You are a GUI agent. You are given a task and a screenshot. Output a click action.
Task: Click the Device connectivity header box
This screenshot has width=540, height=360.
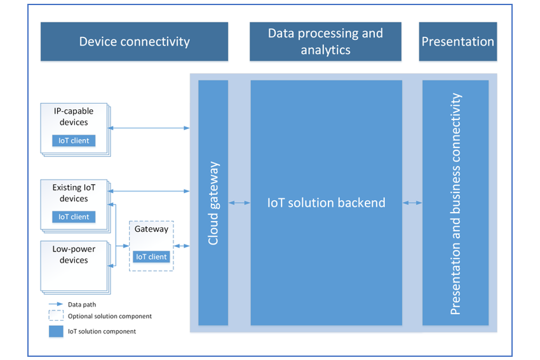click(x=134, y=42)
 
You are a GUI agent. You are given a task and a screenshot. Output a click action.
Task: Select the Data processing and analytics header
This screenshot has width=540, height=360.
click(x=325, y=42)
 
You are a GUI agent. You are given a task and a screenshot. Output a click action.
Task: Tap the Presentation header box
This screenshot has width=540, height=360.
click(x=457, y=42)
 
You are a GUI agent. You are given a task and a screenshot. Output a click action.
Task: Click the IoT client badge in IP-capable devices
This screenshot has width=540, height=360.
click(x=74, y=140)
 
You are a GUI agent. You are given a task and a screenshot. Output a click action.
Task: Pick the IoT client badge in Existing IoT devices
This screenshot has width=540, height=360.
click(x=74, y=217)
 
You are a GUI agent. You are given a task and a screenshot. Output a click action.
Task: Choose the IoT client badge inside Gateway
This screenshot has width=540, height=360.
click(x=151, y=257)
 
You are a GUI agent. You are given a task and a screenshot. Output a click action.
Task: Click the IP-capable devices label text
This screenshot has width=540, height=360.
click(x=74, y=117)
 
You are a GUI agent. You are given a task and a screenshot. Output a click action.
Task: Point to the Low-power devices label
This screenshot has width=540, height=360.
click(x=74, y=255)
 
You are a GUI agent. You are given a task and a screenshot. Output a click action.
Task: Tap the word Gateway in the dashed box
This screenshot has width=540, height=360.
click(x=151, y=229)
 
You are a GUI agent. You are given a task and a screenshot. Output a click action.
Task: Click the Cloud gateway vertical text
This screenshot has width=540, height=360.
click(x=213, y=203)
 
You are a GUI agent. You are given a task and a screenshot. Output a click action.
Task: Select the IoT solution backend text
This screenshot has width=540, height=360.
click(x=326, y=203)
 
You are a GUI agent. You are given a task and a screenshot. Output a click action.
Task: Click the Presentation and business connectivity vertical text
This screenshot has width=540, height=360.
click(x=456, y=204)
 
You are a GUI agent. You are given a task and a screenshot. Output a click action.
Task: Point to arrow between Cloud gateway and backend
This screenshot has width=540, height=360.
click(x=240, y=203)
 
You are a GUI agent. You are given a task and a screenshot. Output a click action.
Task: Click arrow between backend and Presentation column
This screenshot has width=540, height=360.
click(x=412, y=203)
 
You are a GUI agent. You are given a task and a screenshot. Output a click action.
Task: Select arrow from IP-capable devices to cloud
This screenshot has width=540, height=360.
click(x=149, y=128)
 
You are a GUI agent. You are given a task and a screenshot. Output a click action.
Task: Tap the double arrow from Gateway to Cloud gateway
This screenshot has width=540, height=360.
click(x=182, y=246)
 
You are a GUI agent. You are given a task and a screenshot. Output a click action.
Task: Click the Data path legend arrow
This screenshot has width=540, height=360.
click(x=56, y=304)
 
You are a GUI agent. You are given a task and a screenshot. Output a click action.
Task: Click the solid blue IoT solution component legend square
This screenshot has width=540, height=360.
click(x=56, y=331)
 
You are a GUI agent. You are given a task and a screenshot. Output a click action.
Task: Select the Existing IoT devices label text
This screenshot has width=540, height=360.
click(x=74, y=193)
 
